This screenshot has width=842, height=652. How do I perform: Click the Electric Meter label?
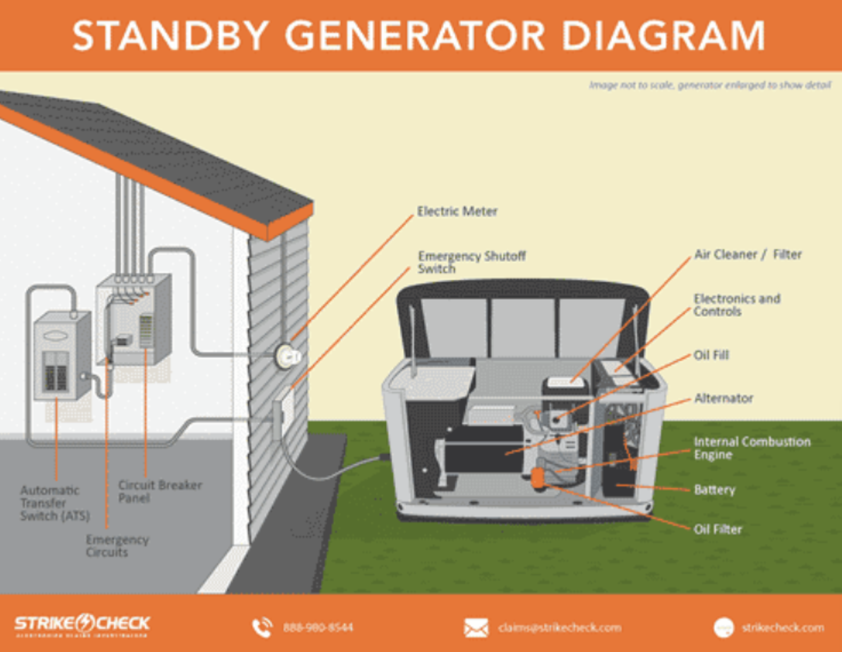click(457, 211)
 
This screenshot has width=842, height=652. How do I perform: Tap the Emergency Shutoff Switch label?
click(472, 262)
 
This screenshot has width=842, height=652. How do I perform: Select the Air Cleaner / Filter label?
click(748, 254)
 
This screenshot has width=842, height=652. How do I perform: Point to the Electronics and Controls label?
click(737, 305)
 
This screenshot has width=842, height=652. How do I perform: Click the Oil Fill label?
click(711, 355)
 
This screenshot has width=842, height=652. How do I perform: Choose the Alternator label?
click(723, 398)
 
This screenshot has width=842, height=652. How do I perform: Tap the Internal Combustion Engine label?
click(752, 448)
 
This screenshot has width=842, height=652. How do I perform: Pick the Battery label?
click(714, 490)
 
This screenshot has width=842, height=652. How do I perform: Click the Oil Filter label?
click(717, 529)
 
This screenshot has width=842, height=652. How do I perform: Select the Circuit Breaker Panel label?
click(160, 491)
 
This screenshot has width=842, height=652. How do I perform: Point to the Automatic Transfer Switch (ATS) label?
click(55, 503)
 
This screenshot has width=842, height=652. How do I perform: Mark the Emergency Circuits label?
click(117, 546)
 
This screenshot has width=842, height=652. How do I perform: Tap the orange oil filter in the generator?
click(538, 478)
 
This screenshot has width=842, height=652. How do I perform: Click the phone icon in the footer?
click(262, 627)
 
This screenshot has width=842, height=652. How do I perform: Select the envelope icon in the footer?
click(476, 628)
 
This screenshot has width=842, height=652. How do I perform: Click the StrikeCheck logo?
click(82, 625)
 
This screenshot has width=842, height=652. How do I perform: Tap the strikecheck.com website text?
click(783, 628)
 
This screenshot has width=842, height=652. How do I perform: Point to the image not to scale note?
click(709, 85)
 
